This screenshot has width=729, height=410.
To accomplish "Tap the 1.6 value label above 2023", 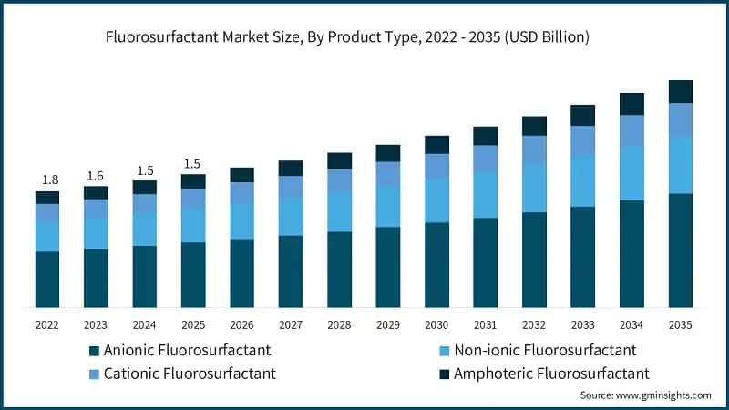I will pyautogui.click(x=96, y=175).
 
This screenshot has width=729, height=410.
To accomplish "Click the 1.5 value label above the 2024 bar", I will pyautogui.click(x=144, y=169).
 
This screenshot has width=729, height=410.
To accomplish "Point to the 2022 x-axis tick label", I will pyautogui.click(x=46, y=324).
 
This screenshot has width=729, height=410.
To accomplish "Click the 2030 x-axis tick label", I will pyautogui.click(x=436, y=324).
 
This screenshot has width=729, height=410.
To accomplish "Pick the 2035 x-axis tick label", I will pyautogui.click(x=680, y=324).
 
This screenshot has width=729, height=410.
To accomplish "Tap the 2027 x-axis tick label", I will pyautogui.click(x=291, y=324).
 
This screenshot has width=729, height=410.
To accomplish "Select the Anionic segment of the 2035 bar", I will pyautogui.click(x=680, y=250).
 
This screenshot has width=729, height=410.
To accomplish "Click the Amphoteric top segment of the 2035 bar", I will pyautogui.click(x=680, y=91).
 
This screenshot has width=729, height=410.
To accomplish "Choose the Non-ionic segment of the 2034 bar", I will pyautogui.click(x=631, y=173).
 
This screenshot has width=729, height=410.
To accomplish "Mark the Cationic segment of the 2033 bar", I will pyautogui.click(x=582, y=139).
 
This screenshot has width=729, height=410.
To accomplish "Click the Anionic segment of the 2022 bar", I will pyautogui.click(x=46, y=279).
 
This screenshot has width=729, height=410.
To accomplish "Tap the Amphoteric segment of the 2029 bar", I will pyautogui.click(x=388, y=153).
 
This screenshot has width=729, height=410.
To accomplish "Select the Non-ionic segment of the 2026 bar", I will pyautogui.click(x=241, y=221).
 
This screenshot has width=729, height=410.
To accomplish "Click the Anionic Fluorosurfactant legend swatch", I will pyautogui.click(x=94, y=351).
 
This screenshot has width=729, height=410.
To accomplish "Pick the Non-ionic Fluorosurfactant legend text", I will pyautogui.click(x=545, y=350).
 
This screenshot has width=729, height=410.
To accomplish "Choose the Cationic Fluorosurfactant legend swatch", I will pyautogui.click(x=94, y=374).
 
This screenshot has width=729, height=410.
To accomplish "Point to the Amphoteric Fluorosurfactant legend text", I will pyautogui.click(x=551, y=374).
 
